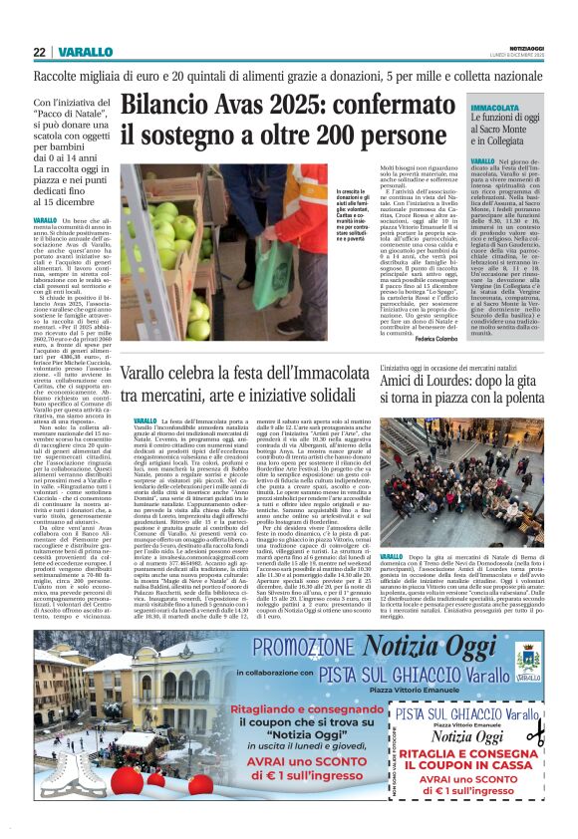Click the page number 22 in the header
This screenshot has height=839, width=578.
[39, 52]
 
